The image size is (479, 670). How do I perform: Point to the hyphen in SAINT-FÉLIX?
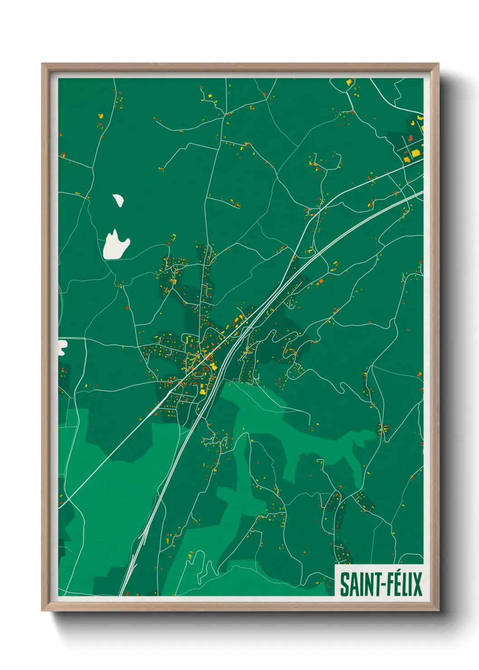pos(376,585)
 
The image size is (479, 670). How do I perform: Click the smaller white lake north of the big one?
pos(119,200)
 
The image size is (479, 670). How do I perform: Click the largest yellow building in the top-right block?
pos(415,153)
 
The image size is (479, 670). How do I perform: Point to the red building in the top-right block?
pos(411,139)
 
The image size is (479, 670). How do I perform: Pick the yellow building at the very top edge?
pos(349,82)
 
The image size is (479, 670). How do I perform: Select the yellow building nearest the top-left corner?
pos(101,116)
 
